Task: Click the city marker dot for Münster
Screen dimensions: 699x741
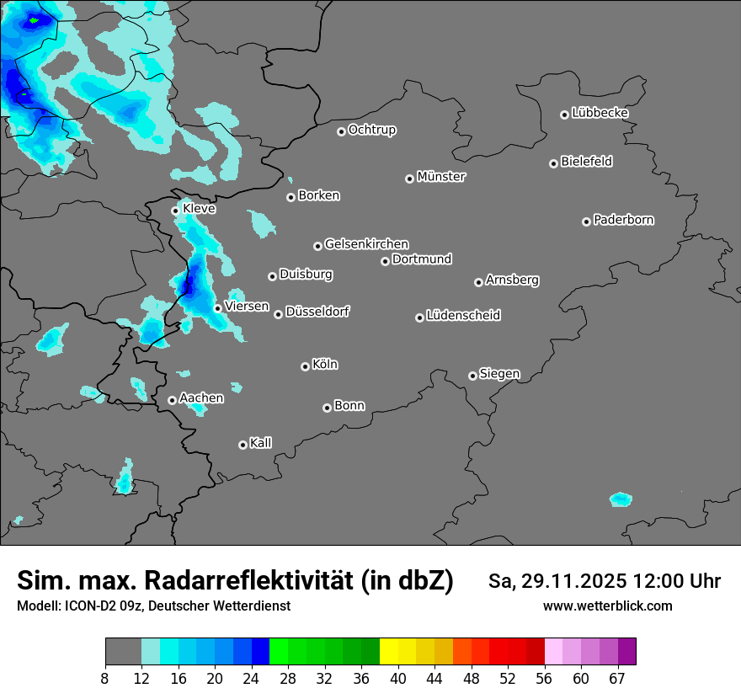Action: tap(409, 179)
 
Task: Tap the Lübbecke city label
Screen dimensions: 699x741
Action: tap(600, 113)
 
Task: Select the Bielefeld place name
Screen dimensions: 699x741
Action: tap(586, 162)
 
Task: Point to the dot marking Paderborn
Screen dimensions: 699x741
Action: tap(586, 221)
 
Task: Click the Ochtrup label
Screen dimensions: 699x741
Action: tap(371, 130)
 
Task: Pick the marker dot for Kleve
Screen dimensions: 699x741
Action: tap(175, 211)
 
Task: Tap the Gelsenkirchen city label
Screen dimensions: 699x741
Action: tap(366, 244)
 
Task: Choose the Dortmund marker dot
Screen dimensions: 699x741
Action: tap(385, 261)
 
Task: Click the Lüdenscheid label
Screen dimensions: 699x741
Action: tap(463, 316)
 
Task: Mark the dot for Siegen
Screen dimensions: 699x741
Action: tap(472, 376)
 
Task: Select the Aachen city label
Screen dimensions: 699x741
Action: tap(201, 398)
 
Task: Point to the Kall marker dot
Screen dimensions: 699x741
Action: tap(243, 445)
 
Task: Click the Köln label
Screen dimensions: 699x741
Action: tap(324, 365)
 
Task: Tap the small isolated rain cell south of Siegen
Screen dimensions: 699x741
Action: tap(621, 499)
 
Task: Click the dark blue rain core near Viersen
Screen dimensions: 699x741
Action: tap(190, 280)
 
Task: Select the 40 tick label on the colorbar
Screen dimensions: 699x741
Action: tap(398, 678)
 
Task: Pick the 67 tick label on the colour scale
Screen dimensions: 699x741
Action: tap(617, 678)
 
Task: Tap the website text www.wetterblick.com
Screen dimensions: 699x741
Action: tap(607, 606)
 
